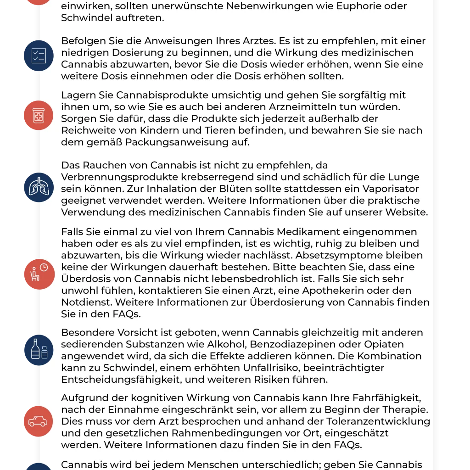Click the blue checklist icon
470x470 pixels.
pyautogui.click(x=38, y=56)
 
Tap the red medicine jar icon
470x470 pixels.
pyautogui.click(x=38, y=116)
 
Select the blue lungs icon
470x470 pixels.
pyautogui.click(x=38, y=187)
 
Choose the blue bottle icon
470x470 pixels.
pyautogui.click(x=38, y=350)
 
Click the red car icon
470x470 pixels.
pyautogui.click(x=38, y=421)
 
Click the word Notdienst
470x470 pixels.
pyautogui.click(x=86, y=302)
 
